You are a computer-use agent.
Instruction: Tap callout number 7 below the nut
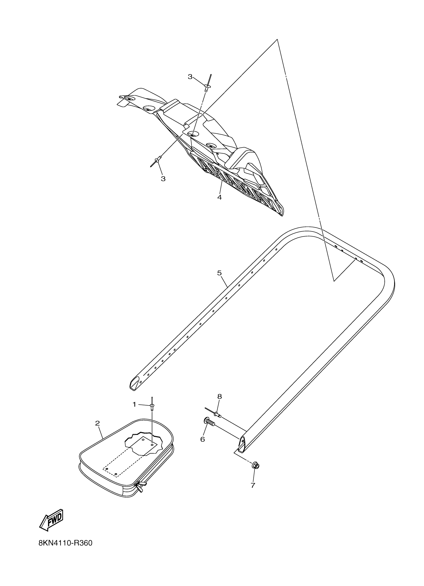(253, 485)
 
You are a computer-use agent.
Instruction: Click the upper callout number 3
(190, 77)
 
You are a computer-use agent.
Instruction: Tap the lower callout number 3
(163, 179)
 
